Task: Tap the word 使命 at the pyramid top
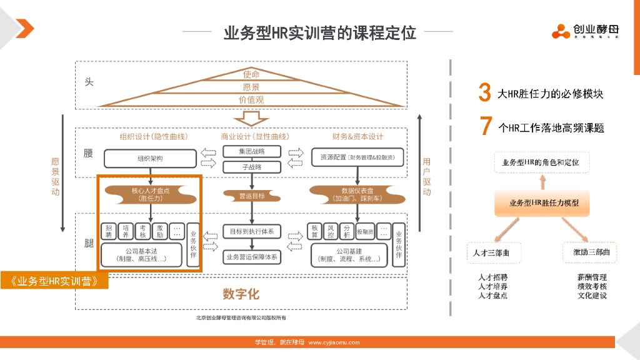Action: [x=251, y=74]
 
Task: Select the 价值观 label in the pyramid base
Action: [x=251, y=100]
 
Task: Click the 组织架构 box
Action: [x=150, y=159]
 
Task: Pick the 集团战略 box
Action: [x=251, y=151]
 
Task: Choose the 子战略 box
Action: [x=251, y=167]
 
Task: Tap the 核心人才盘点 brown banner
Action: [x=150, y=194]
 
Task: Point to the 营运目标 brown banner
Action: [x=252, y=196]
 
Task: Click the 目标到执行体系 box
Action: [x=252, y=231]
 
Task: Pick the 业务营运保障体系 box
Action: [x=252, y=256]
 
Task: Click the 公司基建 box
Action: [x=349, y=254]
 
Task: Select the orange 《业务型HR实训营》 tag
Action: [x=54, y=281]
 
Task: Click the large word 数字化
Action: [x=241, y=294]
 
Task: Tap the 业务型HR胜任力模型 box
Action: [x=543, y=203]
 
